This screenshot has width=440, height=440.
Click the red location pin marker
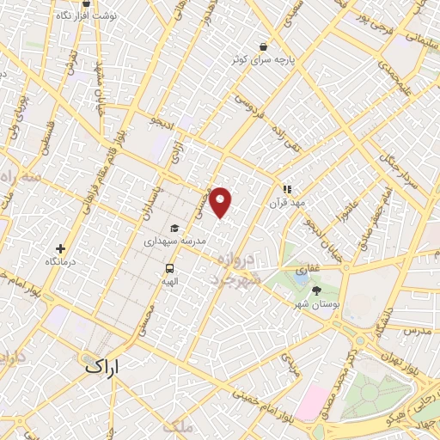221,202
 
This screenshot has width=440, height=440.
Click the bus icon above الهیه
169,267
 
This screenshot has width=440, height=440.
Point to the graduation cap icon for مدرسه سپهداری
175,229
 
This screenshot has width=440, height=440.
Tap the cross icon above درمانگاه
60,248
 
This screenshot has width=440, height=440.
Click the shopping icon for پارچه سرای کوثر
263,46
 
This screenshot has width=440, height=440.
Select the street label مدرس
416,330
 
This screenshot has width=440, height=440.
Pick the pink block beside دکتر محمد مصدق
311,400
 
